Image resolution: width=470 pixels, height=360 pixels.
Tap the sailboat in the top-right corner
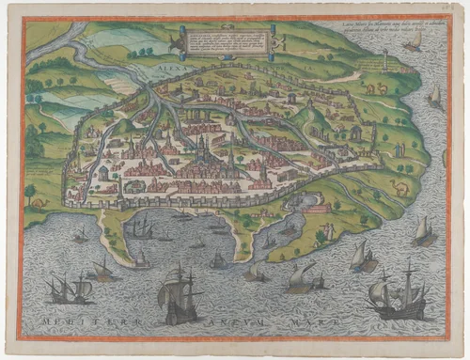point(413,41)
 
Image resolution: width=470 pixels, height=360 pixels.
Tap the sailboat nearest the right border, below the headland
point(424,228)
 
